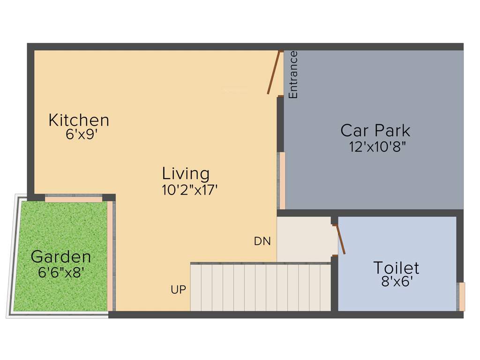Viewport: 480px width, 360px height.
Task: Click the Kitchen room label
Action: point(79,120)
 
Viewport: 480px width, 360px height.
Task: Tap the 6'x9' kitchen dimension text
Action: point(82,135)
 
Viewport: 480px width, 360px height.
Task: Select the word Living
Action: point(186,173)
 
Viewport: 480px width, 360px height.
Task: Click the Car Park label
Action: point(375,130)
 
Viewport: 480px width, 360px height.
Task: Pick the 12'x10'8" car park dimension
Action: point(377,146)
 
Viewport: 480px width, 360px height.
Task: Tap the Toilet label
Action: point(396,268)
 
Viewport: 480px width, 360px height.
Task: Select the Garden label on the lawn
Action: point(61,257)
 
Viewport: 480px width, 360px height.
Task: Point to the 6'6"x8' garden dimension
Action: point(60,272)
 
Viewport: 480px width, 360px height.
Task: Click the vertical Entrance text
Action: point(293,75)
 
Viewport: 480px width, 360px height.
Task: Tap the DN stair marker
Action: point(262,241)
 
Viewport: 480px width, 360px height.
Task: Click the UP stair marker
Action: point(178,290)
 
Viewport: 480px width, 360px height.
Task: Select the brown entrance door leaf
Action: point(273,73)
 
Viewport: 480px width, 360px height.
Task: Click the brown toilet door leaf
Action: point(340,240)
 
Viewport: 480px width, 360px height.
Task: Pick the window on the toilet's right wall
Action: point(461,297)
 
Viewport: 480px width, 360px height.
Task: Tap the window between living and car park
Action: point(282,180)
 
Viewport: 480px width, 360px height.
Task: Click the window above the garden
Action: point(74,199)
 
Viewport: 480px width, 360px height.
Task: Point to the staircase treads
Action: point(260,287)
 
